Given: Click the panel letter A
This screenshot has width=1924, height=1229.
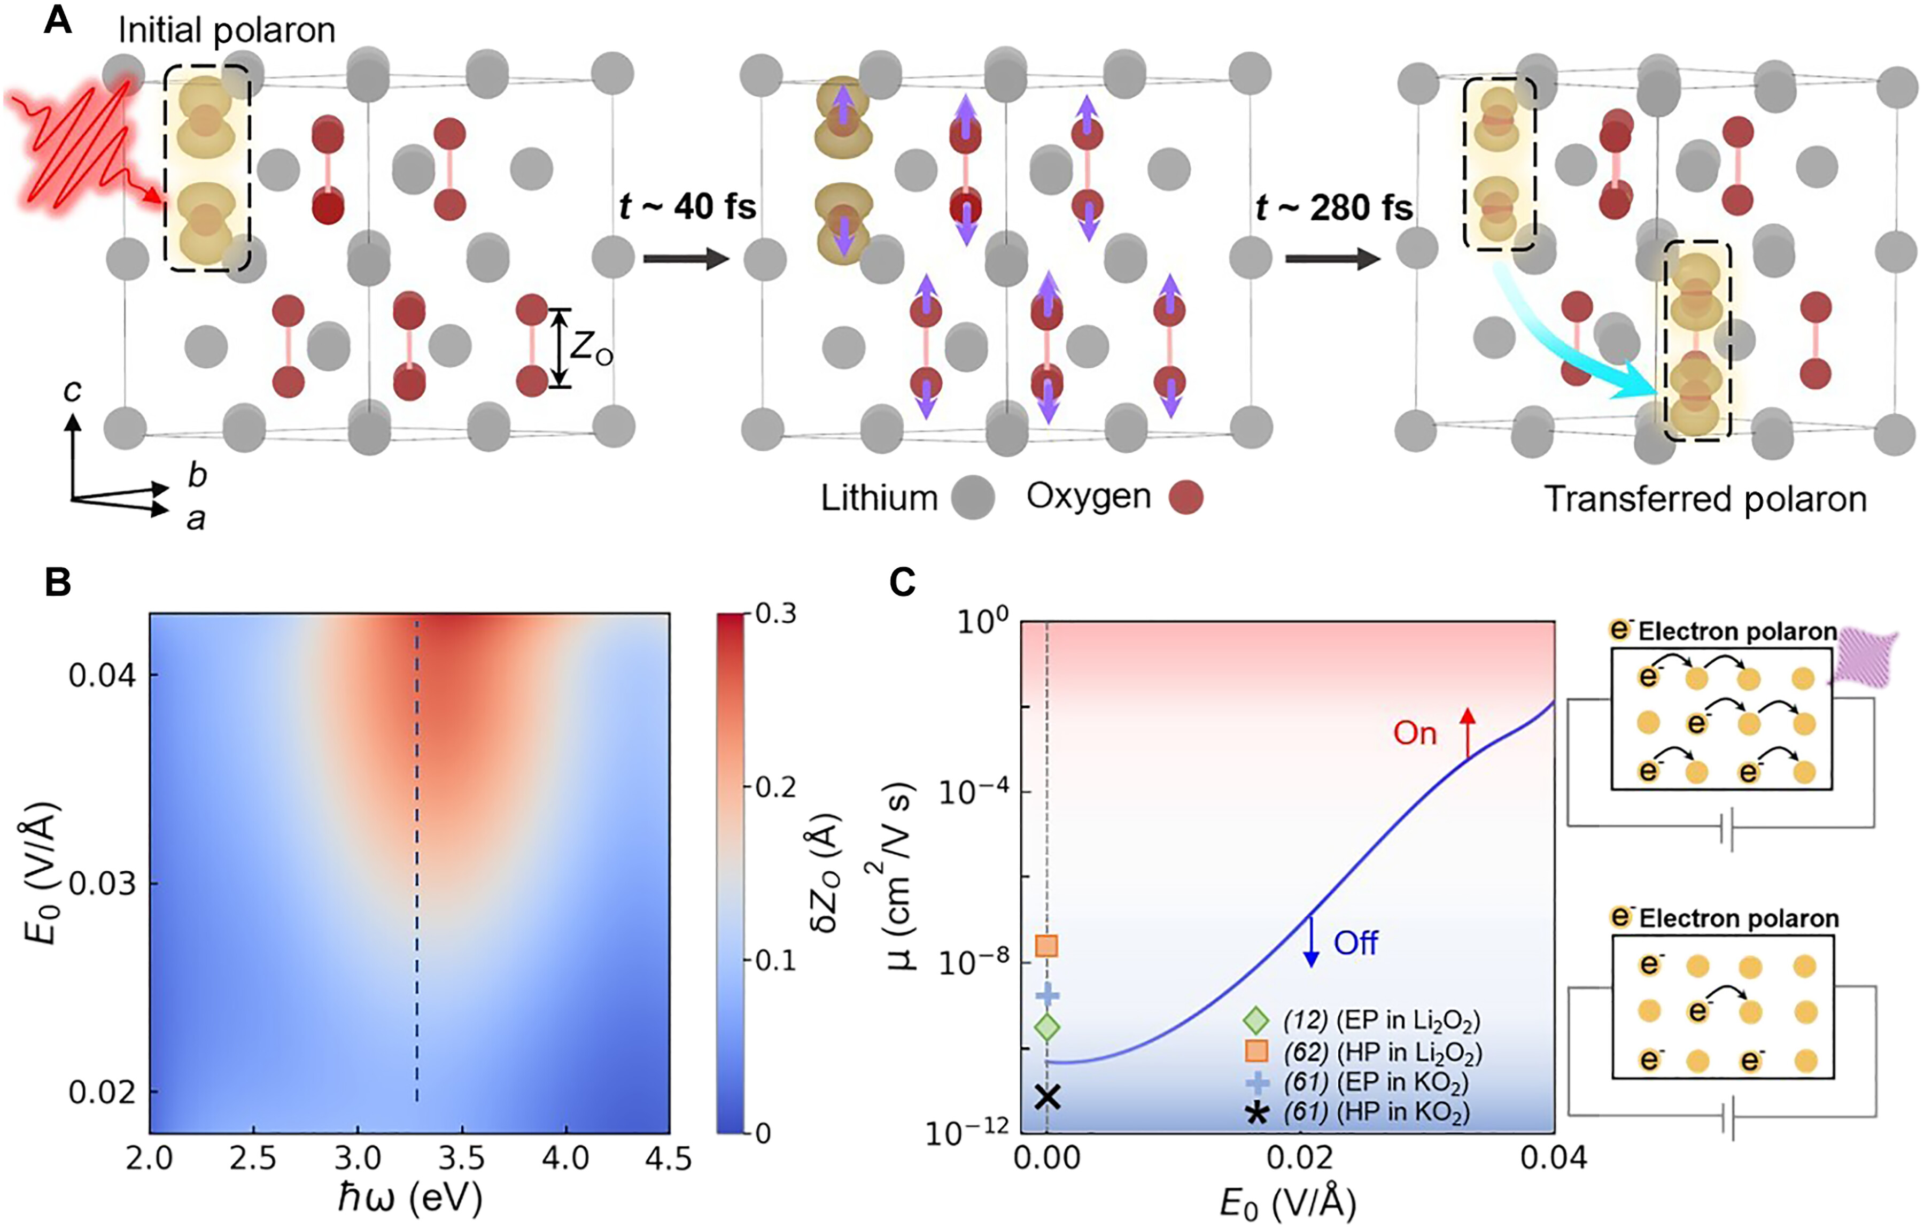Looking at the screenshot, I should pos(58,19).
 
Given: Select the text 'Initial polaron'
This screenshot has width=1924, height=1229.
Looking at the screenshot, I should pos(227,30).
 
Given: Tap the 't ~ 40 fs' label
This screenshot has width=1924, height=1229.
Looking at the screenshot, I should pos(687,208).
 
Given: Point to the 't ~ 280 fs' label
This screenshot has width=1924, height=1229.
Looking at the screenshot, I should pos(1333,208).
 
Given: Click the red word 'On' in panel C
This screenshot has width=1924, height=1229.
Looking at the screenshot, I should pos(1414,733).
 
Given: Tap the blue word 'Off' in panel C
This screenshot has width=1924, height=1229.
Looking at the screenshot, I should pos(1355,944).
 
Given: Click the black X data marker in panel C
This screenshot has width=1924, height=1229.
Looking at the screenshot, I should pos(1046,1097).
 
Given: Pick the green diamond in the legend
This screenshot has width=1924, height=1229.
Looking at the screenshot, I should pos(1256,1021).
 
